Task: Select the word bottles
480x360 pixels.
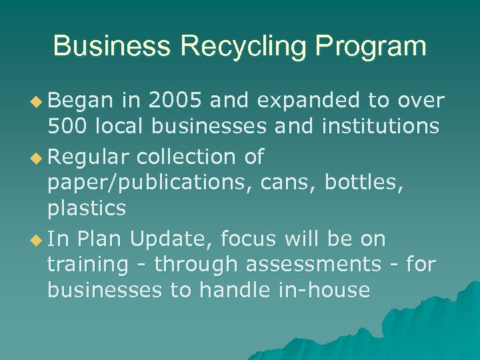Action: coord(365,183)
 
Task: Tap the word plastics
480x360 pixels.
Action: coord(87,208)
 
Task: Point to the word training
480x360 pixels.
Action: coord(87,265)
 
